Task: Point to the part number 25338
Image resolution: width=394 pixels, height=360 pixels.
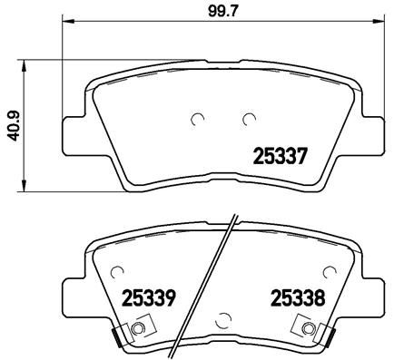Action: [296, 297]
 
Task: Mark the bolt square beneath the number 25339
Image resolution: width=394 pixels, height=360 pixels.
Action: [137, 329]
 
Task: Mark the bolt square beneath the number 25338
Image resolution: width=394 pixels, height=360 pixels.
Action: [309, 329]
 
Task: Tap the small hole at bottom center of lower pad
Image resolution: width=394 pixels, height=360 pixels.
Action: [223, 317]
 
